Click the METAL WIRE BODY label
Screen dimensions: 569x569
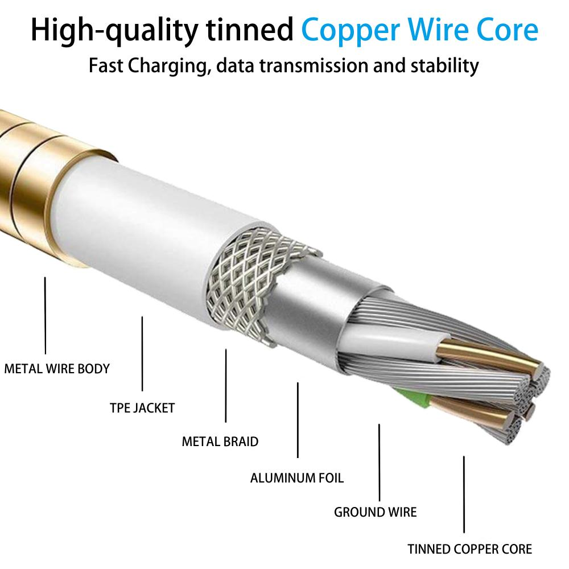coord(57,369)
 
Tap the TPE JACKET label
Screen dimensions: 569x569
coord(142,408)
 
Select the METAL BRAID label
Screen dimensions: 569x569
coord(220,442)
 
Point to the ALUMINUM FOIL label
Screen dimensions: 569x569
coord(297,477)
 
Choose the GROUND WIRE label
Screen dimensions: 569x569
coord(375,512)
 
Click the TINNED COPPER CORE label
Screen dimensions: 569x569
coord(469,549)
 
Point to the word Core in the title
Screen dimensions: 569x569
coord(508,30)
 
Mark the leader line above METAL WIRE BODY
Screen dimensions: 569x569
coord(45,316)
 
